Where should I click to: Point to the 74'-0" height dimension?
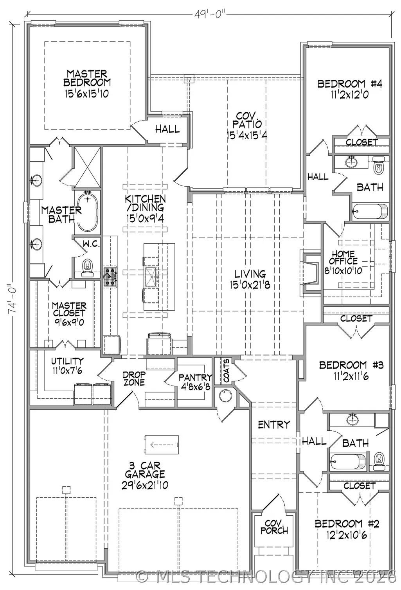(13, 299)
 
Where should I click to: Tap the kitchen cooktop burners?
(110, 277)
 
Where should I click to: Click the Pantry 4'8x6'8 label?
(195, 381)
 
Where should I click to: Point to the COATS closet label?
(227, 371)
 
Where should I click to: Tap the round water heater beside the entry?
(225, 396)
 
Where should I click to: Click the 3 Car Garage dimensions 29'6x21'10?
(145, 485)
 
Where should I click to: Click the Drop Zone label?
(134, 378)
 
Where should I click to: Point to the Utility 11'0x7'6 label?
(67, 366)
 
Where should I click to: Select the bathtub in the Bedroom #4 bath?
(370, 211)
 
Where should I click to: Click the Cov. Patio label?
(247, 125)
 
